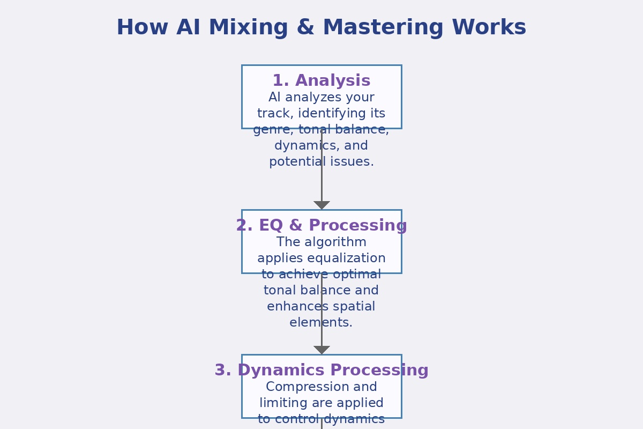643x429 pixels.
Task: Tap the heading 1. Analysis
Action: [322, 81]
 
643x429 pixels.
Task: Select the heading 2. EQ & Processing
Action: [322, 226]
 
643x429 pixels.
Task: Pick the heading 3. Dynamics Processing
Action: [322, 371]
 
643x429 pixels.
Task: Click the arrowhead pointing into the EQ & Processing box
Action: [322, 205]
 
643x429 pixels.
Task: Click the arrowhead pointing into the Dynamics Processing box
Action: [322, 350]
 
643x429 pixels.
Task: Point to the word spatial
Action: [353, 307]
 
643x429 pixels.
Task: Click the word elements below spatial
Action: [321, 323]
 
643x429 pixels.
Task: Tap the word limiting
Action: [284, 403]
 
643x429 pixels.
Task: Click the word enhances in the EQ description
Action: [295, 307]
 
